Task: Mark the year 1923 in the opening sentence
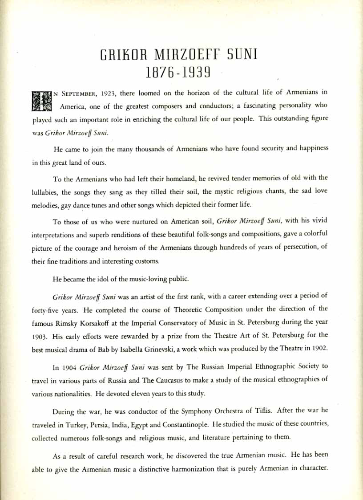pyautogui.click(x=107, y=93)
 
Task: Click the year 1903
pyautogui.click(x=40, y=335)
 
